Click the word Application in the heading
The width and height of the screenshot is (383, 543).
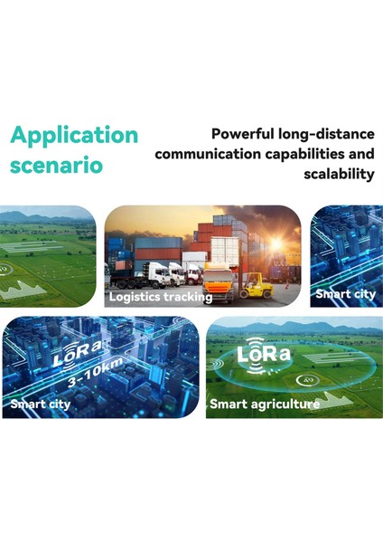[74, 136]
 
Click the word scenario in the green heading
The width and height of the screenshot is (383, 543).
[56, 167]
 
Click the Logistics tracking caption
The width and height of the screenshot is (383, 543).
[161, 296]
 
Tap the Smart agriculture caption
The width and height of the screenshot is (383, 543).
[265, 405]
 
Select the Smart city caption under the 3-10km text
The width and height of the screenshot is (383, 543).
[42, 404]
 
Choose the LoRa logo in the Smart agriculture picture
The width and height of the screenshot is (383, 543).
[264, 354]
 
